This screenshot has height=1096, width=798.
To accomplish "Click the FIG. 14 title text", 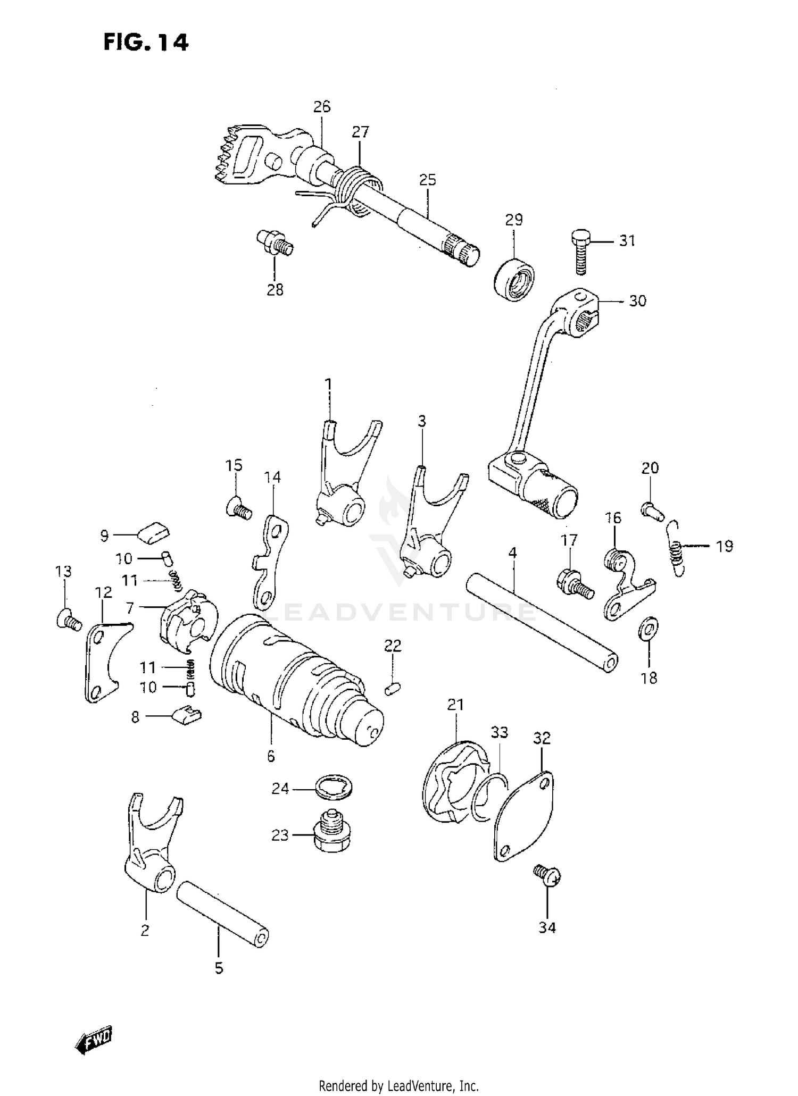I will pos(146,43).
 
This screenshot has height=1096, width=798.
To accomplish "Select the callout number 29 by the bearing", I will pos(514,220).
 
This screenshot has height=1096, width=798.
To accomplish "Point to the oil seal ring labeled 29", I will pos(514,279).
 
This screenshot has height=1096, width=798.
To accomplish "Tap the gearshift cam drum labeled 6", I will pos(295,681).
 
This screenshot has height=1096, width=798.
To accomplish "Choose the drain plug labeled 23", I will pos(332,835).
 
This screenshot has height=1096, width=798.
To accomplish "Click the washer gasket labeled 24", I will pos(334,788).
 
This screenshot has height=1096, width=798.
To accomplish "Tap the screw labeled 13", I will pos(68,620).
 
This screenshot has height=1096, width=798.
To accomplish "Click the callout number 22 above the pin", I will pos(393,646).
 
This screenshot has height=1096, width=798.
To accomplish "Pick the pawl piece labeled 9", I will pos(154,531).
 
